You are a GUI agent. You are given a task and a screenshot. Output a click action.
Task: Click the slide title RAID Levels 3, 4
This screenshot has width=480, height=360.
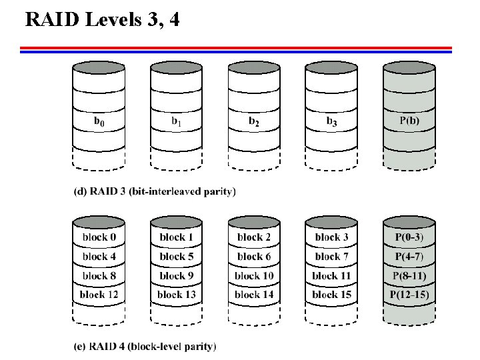pos(102,20)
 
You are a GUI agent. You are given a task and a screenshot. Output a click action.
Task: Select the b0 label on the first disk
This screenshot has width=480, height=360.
pos(98,121)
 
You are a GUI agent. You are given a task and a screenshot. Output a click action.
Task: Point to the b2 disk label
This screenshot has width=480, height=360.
pos(253,121)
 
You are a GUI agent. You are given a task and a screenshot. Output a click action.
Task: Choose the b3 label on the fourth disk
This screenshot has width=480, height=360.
pos(331,121)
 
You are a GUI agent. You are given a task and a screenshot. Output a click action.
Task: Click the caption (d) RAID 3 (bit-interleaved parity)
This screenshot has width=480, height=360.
pos(154,191)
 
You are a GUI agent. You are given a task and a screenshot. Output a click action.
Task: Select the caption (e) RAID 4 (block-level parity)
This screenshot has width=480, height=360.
pos(145,346)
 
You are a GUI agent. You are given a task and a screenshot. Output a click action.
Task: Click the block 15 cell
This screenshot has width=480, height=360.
pos(331,294)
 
